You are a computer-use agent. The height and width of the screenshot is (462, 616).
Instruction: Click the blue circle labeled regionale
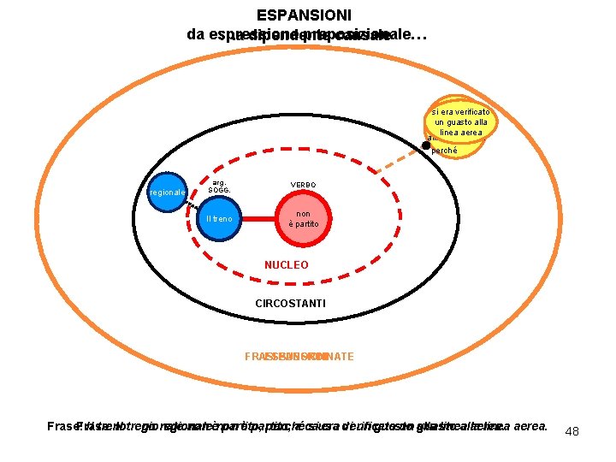(167, 192)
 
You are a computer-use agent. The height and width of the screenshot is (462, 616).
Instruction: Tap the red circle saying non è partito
(303, 219)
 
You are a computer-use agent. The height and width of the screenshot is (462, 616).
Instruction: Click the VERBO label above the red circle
(303, 185)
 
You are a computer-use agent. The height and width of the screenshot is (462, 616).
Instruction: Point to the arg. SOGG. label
(219, 186)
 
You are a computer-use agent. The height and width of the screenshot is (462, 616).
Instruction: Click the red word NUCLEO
(287, 265)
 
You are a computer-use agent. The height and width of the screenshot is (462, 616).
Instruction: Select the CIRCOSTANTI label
(291, 304)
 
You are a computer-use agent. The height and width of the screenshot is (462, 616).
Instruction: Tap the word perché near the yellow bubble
(444, 151)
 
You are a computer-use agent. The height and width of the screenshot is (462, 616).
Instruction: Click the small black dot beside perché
(426, 145)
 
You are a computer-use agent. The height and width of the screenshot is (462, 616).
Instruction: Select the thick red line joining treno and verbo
(262, 219)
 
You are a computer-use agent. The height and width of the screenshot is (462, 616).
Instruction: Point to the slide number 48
(572, 431)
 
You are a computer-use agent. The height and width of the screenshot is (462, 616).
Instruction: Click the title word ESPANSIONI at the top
(304, 15)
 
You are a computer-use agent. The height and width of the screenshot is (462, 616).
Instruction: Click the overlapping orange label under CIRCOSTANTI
(299, 356)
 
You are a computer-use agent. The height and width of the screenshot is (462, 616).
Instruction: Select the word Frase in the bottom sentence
(62, 426)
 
